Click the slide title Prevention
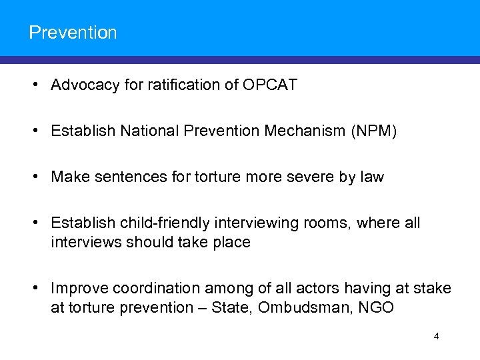pos(73,32)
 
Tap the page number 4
pos(436,336)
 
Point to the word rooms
pos(326,223)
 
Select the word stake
pos(433,288)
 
